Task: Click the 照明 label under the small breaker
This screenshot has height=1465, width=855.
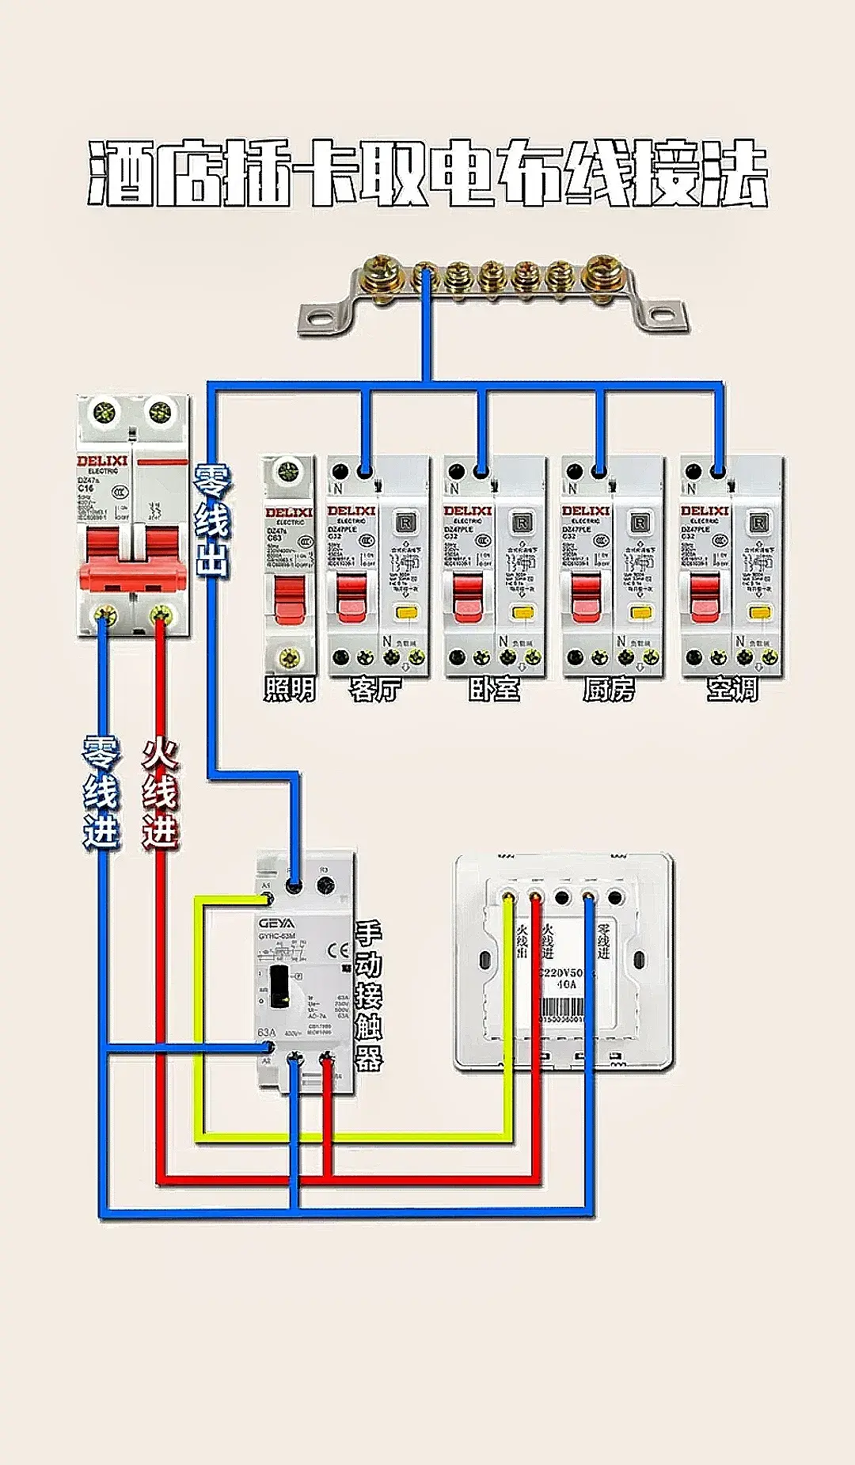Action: [x=290, y=690]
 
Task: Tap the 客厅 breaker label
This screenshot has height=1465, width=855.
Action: [x=376, y=690]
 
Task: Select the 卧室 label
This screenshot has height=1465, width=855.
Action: [x=494, y=690]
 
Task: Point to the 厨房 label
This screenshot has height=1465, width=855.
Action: [x=609, y=690]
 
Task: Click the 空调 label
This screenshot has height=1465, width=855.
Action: [x=732, y=690]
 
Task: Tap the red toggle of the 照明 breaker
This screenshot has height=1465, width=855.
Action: [x=289, y=599]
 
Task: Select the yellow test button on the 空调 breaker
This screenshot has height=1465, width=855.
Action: [x=760, y=612]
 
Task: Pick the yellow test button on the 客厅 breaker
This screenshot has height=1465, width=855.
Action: [x=406, y=612]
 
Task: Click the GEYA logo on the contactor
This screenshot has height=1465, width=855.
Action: [x=276, y=923]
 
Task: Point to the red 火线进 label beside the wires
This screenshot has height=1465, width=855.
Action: [x=161, y=794]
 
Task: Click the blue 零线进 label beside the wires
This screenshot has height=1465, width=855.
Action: [x=101, y=792]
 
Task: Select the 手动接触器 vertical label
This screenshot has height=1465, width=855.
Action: [x=368, y=995]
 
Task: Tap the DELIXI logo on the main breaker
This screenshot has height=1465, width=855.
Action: [x=102, y=461]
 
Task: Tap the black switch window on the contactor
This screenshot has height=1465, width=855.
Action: [x=279, y=987]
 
